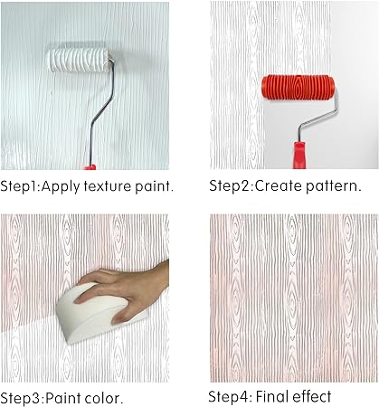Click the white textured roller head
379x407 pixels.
79,61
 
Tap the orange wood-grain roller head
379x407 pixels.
298,87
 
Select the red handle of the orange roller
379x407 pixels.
299,155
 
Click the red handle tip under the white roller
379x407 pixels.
90,167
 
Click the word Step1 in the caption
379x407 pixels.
20,186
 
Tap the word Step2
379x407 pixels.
231,186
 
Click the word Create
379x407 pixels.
279,186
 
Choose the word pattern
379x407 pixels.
333,186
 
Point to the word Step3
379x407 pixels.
22,399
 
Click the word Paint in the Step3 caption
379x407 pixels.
63,398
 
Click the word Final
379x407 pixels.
273,396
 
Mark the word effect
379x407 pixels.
312,396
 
